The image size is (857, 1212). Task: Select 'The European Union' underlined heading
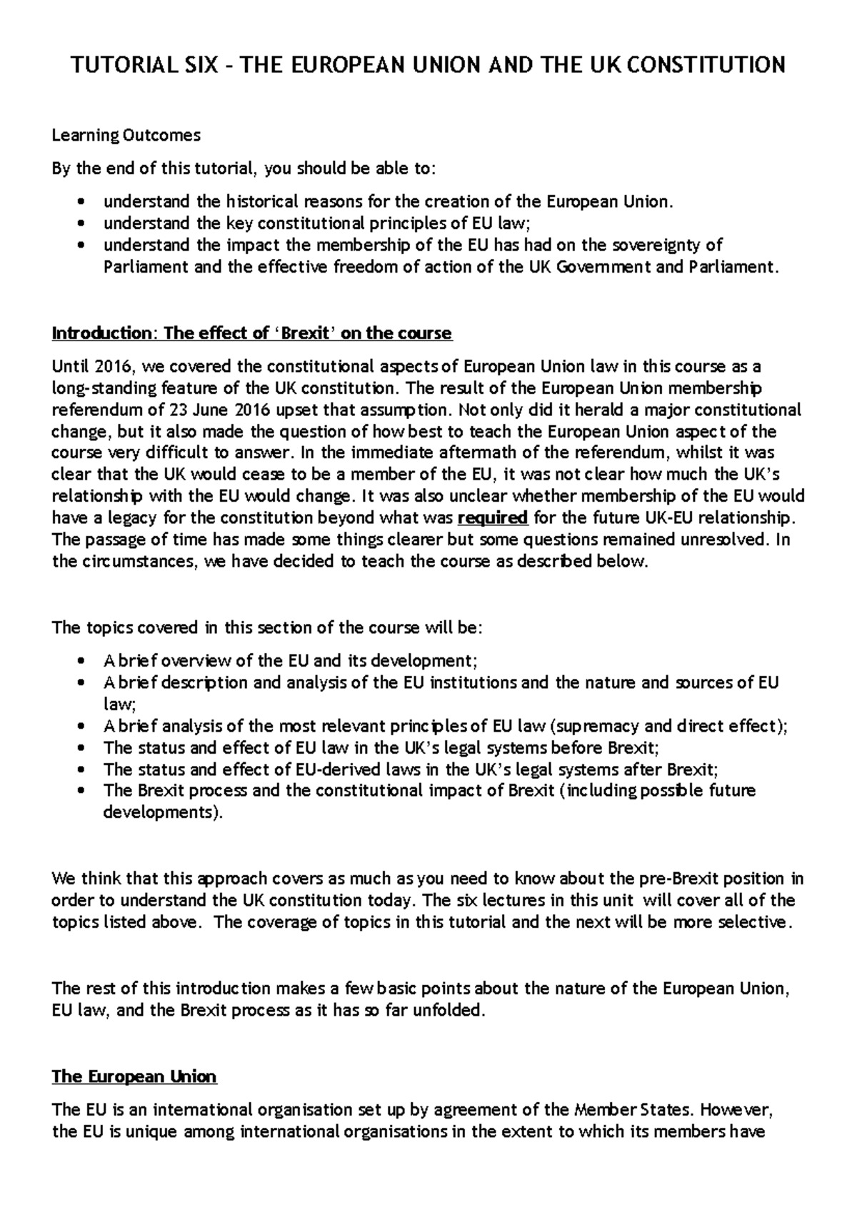(134, 1076)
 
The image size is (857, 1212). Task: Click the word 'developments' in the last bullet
(160, 812)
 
